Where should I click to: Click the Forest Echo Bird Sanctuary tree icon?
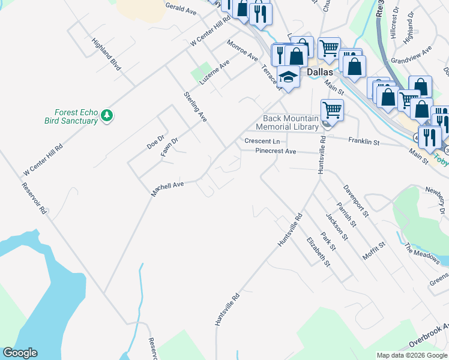point(107,115)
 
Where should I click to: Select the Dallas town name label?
point(319,71)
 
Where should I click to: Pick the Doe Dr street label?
point(155,142)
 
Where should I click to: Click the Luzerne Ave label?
point(215,72)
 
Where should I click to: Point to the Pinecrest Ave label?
point(276,151)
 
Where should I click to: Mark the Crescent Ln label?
point(262,141)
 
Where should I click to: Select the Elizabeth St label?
point(318,252)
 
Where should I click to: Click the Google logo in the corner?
point(20,353)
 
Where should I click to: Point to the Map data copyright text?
point(412,355)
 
